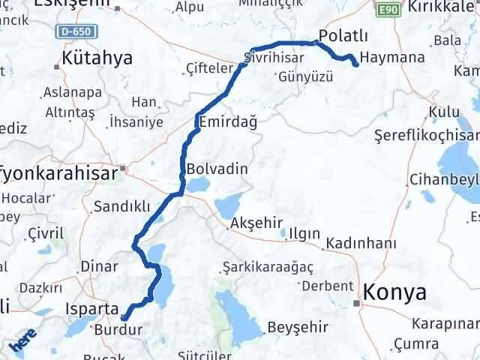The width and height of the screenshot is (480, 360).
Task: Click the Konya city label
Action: coord(396,292)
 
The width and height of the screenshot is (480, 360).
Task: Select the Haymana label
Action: coord(392,57)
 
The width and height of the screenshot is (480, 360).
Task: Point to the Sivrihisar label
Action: coord(276,55)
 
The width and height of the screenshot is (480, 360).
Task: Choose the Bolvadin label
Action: coord(216,169)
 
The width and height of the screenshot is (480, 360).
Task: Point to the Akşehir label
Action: coord(256,223)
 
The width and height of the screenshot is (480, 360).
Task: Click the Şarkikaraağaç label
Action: coord(268,266)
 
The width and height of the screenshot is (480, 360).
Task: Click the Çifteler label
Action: coord(206,68)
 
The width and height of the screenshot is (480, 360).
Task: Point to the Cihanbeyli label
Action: coord(444,181)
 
